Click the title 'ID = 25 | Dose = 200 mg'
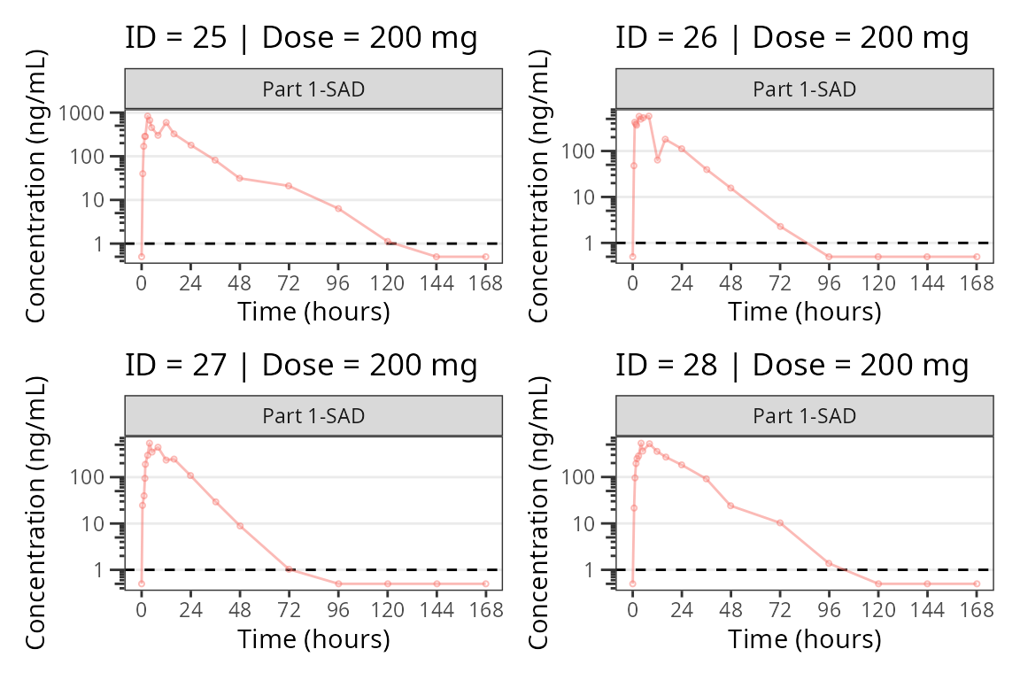[x=301, y=38]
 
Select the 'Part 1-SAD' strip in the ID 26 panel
[x=805, y=89]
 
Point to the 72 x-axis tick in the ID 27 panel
[x=289, y=610]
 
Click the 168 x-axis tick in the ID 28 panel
[x=977, y=610]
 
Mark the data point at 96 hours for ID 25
[x=338, y=208]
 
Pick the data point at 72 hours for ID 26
[x=780, y=226]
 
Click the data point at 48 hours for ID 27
[x=240, y=526]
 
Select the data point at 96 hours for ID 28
[x=829, y=563]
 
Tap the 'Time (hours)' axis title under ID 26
[x=805, y=312]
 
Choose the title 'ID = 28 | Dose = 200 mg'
[x=792, y=365]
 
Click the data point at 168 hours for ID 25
[x=485, y=257]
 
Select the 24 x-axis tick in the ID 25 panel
[x=190, y=283]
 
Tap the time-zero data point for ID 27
[x=142, y=583]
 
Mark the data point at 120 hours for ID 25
[x=387, y=241]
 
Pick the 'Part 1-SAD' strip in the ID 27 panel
[x=313, y=415]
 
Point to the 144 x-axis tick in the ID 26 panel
[x=927, y=283]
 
